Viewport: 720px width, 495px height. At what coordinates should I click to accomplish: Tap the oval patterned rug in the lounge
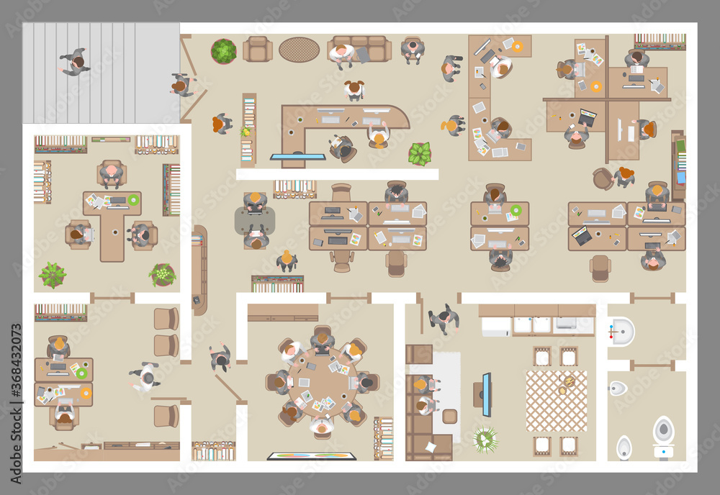point(300,49)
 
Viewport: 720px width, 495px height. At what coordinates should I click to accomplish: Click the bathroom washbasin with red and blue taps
point(621,332)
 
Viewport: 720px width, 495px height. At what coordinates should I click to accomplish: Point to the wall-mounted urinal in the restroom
point(618,389)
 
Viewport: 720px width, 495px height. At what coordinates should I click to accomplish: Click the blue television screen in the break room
point(487,394)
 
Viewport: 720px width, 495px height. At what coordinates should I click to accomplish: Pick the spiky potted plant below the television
point(485,440)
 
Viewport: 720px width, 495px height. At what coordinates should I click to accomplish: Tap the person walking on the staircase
point(74,63)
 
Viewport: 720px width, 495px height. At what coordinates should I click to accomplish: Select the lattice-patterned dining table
point(556,401)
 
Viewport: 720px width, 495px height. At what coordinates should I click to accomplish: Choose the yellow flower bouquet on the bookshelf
point(246,132)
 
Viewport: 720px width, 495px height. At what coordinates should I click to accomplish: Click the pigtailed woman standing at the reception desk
point(354,89)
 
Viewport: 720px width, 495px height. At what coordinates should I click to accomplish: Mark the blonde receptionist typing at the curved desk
point(377,136)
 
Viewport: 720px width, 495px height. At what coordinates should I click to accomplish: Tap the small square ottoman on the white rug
point(450,416)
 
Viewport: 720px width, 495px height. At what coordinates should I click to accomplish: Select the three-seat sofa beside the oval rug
point(359,49)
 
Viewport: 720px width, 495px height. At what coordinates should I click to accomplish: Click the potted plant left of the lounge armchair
point(223,51)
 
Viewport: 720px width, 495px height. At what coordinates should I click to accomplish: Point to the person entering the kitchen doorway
point(444,319)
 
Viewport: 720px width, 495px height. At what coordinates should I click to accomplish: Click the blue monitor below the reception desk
point(297,156)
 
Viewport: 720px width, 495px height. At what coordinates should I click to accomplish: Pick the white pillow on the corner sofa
point(430,448)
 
